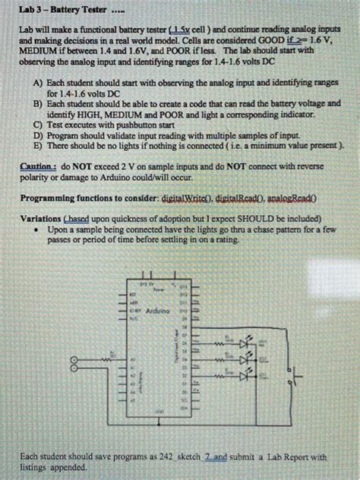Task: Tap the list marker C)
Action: [37, 122]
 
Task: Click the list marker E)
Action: [37, 144]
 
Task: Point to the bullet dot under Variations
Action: [37, 228]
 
